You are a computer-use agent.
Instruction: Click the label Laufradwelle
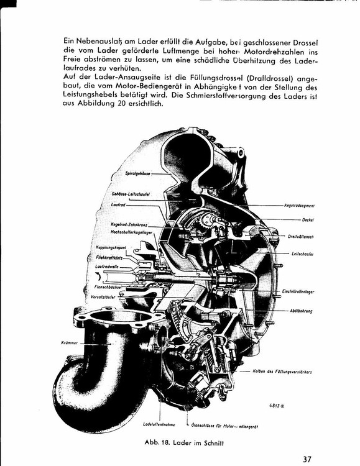tap(106, 265)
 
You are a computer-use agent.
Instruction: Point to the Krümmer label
tap(69, 342)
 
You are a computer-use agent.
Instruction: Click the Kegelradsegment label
tap(299, 204)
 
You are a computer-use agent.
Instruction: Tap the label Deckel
tap(308, 220)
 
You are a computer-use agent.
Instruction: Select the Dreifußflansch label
tap(300, 237)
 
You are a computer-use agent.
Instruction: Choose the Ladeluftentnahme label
tap(159, 424)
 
